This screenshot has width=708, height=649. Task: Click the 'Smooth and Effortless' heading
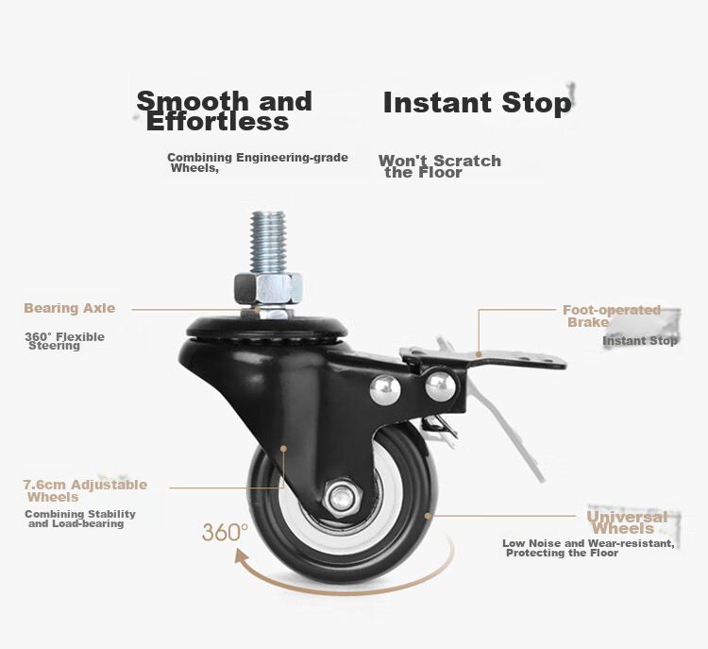[225, 111]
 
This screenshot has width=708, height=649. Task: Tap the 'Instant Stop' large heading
[478, 103]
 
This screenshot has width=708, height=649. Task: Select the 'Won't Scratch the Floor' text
[440, 166]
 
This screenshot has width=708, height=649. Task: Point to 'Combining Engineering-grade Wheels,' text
[258, 162]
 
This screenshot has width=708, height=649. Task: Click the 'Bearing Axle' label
[70, 308]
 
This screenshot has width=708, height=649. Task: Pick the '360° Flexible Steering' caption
[64, 341]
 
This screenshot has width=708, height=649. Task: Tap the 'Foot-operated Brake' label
[612, 316]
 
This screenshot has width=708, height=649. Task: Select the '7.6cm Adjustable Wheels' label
[85, 491]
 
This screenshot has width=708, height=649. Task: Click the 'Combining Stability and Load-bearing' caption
[80, 519]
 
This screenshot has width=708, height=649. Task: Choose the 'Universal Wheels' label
[627, 522]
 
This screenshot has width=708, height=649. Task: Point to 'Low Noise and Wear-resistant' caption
[588, 543]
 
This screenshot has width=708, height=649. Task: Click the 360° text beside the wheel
[225, 533]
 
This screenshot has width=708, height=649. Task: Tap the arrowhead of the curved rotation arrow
[243, 556]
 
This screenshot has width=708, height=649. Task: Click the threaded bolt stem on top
[268, 242]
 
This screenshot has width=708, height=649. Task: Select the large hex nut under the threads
[268, 288]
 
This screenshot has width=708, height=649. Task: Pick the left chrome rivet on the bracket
[385, 389]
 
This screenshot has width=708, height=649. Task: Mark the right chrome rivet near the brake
[441, 386]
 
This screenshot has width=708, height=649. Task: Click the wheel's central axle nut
[342, 499]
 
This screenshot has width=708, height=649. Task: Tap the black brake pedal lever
[483, 359]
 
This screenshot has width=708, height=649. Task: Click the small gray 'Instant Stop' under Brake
[640, 341]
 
